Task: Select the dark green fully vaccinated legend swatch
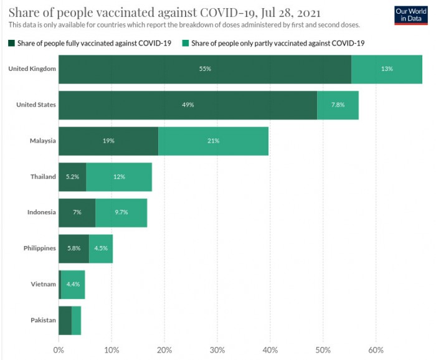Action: pyautogui.click(x=12, y=43)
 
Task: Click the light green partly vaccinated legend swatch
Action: pyautogui.click(x=186, y=43)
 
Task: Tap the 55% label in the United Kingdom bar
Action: pyautogui.click(x=205, y=69)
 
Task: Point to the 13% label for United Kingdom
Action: pyautogui.click(x=387, y=69)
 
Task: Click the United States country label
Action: pyautogui.click(x=36, y=105)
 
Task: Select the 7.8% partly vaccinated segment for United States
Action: pyautogui.click(x=338, y=105)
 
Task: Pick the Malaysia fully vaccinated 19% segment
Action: pyautogui.click(x=108, y=141)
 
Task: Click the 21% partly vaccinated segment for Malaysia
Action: pyautogui.click(x=213, y=141)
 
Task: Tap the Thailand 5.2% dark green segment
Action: pyautogui.click(x=72, y=177)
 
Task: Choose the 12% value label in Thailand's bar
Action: pyautogui.click(x=119, y=177)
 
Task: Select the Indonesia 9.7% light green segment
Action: pyautogui.click(x=121, y=212)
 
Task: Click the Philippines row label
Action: pyautogui.click(x=40, y=248)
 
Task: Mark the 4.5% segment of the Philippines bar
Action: pyautogui.click(x=101, y=248)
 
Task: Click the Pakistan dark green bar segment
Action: pyautogui.click(x=65, y=320)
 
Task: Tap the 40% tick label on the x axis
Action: pyautogui.click(x=270, y=349)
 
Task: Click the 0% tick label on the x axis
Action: pyautogui.click(x=59, y=349)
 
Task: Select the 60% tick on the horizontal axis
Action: pyautogui.click(x=376, y=349)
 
